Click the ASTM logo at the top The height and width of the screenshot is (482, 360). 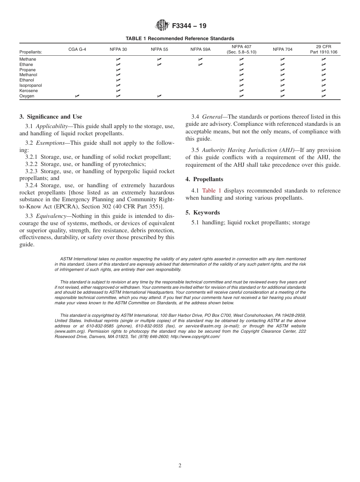[162, 26]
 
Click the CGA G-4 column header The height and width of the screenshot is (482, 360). [77, 50]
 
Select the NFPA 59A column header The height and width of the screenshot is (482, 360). [200, 50]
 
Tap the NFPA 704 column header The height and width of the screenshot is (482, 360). [282, 50]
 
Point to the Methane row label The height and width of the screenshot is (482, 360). [28, 59]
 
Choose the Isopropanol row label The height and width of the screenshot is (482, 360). [31, 86]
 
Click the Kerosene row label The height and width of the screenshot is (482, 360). [28, 91]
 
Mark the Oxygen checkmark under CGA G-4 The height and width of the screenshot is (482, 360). [77, 96]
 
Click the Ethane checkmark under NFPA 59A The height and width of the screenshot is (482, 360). [200, 65]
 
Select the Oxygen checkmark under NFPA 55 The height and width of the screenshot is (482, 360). [159, 96]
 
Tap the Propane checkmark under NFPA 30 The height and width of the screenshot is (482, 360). [118, 70]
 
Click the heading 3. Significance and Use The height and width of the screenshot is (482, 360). [51, 117]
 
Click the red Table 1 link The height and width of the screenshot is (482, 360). [211, 191]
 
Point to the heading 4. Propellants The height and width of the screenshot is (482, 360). [204, 179]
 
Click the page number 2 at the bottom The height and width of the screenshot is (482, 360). [180, 466]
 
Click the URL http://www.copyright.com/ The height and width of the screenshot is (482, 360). [195, 336]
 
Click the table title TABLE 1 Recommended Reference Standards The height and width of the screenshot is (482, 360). [180, 39]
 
